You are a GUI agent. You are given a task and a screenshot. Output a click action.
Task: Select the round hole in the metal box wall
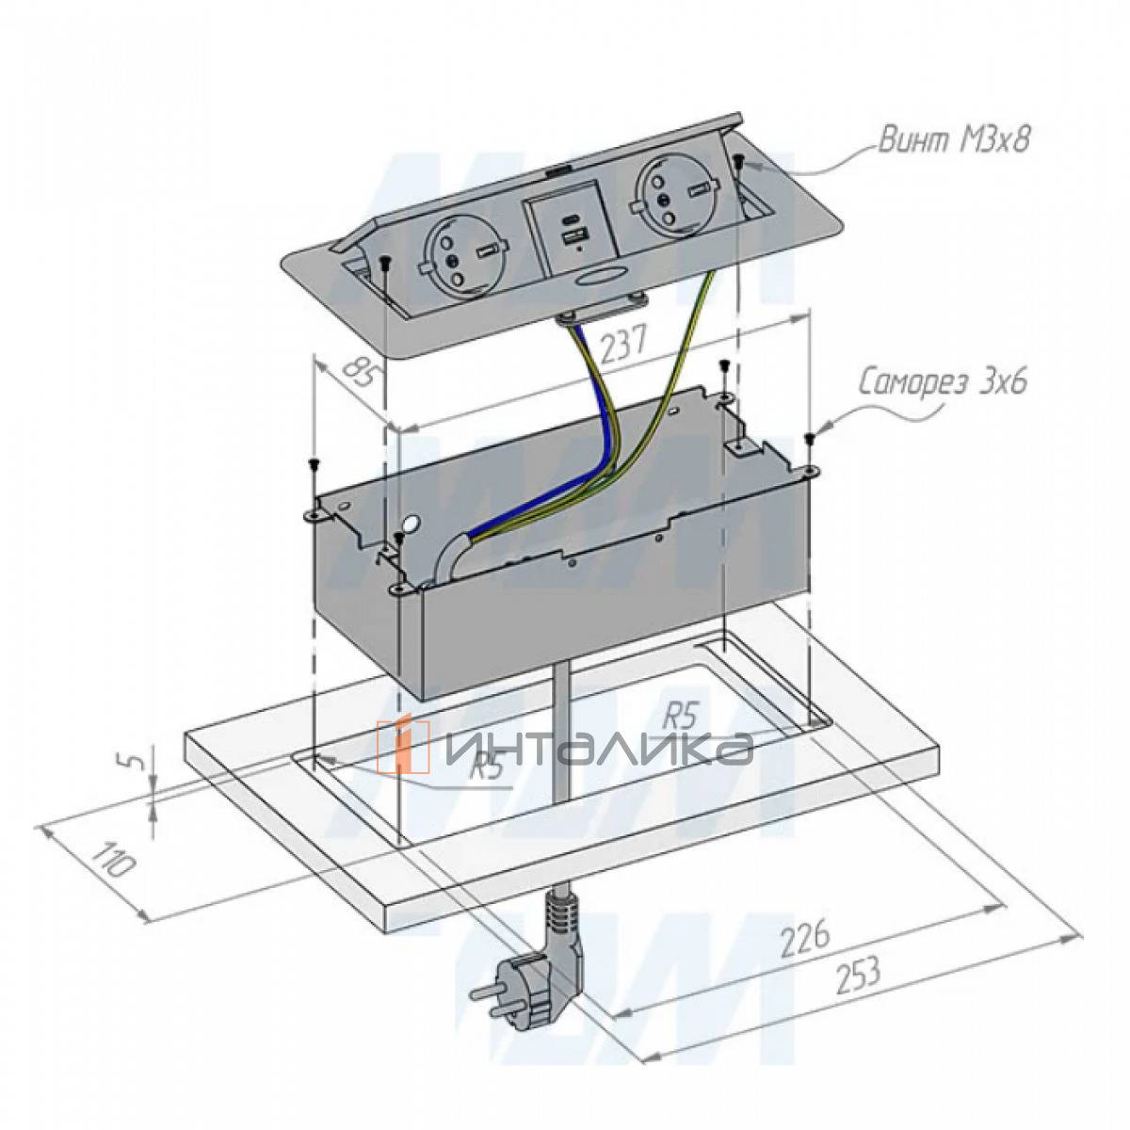click(411, 524)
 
